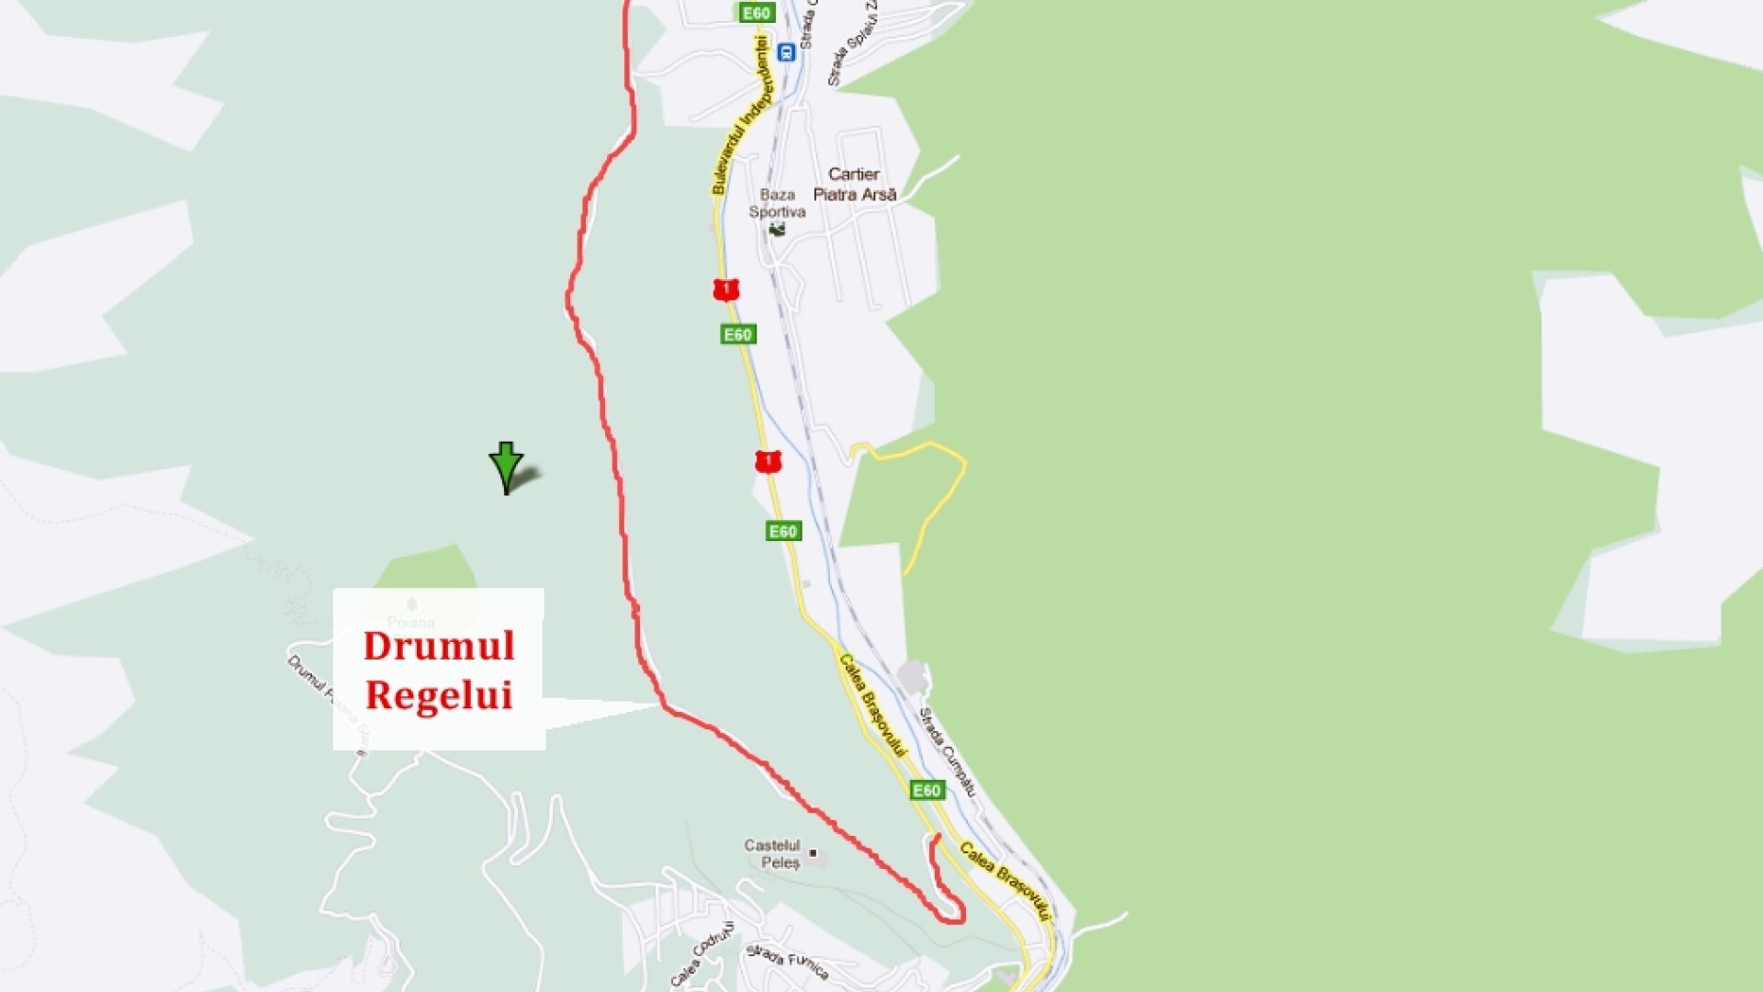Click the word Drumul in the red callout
439,646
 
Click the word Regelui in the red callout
439,695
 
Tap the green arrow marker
506,466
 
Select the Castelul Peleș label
772,853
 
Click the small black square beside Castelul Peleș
813,853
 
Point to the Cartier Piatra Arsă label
854,184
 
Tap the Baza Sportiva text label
777,203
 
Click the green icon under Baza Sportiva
777,229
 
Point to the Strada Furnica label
787,961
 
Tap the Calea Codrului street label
702,954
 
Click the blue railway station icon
785,52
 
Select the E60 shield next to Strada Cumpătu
926,790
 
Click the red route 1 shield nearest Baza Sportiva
725,290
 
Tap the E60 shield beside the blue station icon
757,13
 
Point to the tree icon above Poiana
411,603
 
